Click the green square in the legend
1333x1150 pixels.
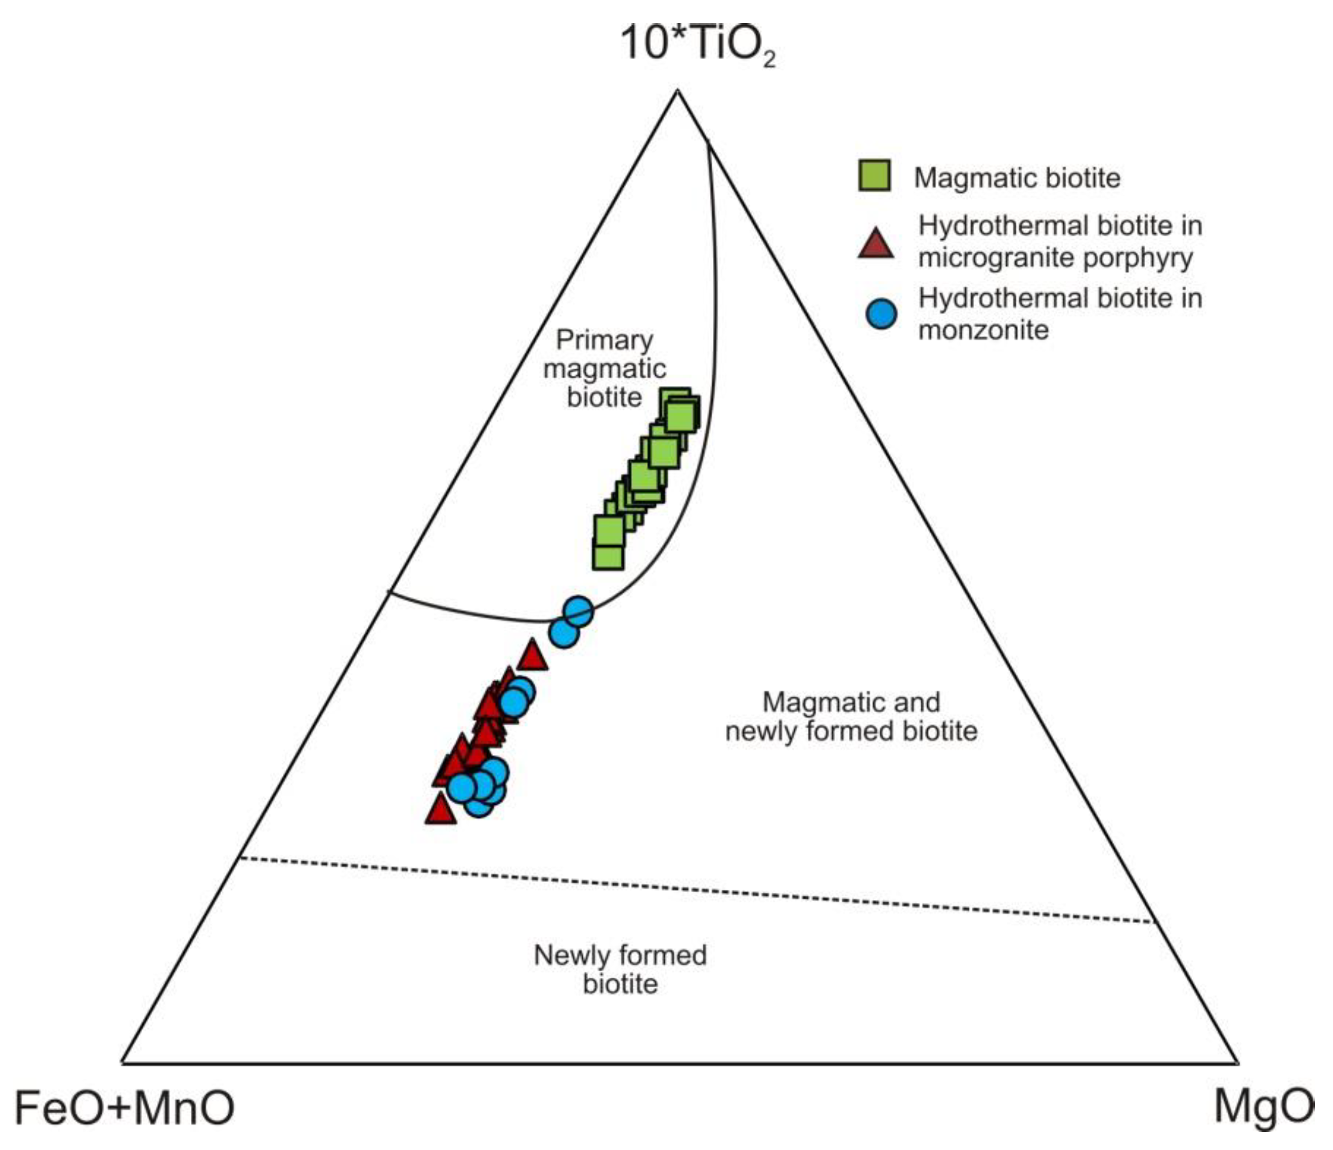point(874,175)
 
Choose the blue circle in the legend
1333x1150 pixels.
point(881,314)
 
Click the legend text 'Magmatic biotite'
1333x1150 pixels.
point(1017,178)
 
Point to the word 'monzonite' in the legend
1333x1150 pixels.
point(983,330)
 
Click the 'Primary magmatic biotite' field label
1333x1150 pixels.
point(604,368)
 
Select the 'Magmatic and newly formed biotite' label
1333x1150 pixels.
point(851,716)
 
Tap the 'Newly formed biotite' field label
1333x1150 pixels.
point(620,969)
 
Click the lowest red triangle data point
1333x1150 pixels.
point(441,810)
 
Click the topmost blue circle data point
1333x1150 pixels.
point(578,611)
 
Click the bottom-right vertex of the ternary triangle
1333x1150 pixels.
point(1237,1063)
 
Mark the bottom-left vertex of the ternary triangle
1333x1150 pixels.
point(122,1063)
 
